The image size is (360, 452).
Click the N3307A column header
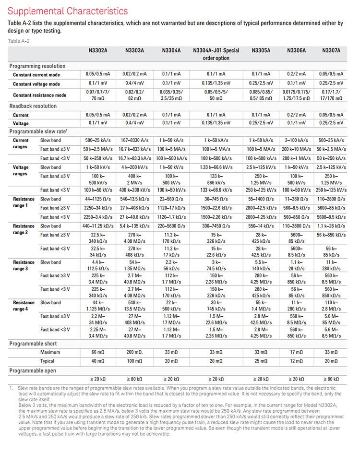click(331, 50)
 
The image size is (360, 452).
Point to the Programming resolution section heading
click(37, 66)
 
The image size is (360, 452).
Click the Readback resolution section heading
click(33, 106)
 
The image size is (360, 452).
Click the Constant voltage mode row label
click(36, 84)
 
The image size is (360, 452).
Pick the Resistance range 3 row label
click(24, 265)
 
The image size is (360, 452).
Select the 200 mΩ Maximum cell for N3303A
click(135, 352)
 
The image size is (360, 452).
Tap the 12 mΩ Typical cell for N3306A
click(297, 361)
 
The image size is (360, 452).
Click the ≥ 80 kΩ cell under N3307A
click(331, 380)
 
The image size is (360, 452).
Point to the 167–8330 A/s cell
click(135, 140)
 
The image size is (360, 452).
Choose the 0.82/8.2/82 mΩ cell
click(135, 95)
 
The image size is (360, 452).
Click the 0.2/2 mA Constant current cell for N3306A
click(297, 74)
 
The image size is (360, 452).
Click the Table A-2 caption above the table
click(19, 41)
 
